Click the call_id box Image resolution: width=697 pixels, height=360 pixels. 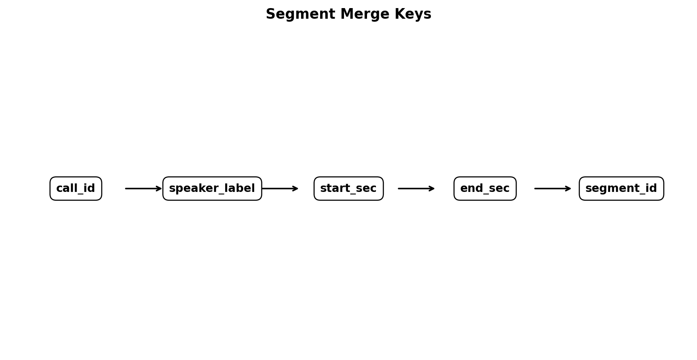[76, 189]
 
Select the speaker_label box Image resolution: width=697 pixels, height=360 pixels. [212, 189]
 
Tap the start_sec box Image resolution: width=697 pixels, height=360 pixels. [348, 189]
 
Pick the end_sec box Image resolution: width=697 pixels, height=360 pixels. [485, 189]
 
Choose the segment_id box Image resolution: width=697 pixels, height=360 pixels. [621, 189]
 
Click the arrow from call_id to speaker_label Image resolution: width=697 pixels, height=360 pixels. [143, 189]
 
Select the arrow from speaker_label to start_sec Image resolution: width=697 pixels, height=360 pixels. [280, 189]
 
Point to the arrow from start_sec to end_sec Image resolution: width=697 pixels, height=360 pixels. [416, 189]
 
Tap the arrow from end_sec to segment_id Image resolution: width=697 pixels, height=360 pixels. [553, 189]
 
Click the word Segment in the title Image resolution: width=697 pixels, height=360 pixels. [301, 14]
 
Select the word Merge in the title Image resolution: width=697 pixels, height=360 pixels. [365, 14]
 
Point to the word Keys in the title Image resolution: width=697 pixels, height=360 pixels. [413, 14]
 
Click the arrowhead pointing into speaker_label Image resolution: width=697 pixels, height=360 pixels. [159, 189]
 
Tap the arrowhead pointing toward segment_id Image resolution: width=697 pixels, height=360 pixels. [568, 189]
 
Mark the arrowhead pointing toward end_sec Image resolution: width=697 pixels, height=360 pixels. [432, 189]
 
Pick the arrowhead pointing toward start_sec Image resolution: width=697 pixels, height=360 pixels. [295, 189]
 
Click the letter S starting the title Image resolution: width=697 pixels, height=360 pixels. [270, 14]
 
